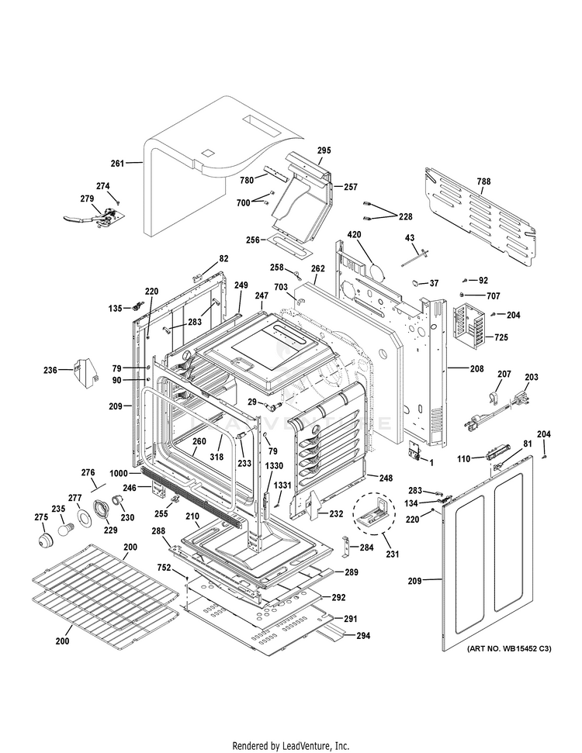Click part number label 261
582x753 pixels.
tap(117, 164)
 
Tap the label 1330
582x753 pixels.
tap(274, 465)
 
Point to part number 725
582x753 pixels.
tap(501, 339)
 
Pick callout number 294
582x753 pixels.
tap(363, 636)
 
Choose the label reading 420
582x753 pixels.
tap(355, 234)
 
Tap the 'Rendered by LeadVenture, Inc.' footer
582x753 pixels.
tap(291, 745)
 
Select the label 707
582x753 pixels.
tap(494, 296)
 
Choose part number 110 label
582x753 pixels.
tap(463, 459)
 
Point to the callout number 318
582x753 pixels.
tap(217, 458)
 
